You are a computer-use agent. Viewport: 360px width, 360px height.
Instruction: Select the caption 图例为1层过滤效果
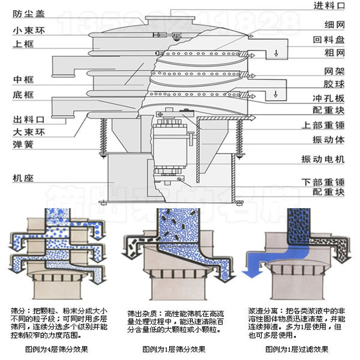pos(297,349)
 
